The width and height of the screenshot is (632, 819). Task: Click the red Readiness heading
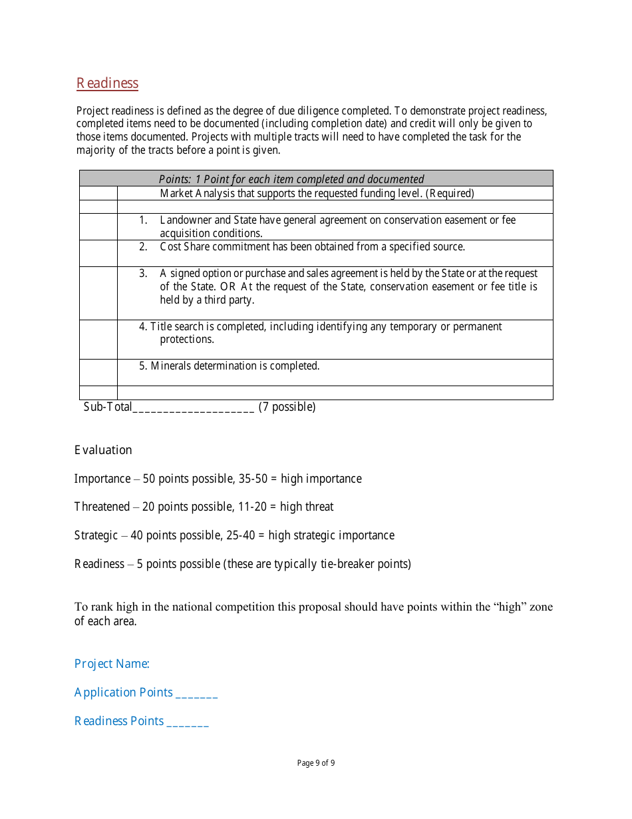107,83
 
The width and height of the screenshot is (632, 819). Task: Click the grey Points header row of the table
316,178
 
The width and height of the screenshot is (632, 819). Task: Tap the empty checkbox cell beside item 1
98,226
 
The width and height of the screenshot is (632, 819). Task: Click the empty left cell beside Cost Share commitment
98,253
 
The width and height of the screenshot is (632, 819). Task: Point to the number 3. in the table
143,273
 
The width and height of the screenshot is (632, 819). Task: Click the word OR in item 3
229,287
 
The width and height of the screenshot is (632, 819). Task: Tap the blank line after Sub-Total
193,408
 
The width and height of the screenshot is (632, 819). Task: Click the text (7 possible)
287,407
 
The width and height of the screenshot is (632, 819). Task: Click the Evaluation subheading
103,450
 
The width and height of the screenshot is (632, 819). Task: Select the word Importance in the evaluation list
102,479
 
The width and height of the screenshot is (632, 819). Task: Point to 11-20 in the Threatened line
251,507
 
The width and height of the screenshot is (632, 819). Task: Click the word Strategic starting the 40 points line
96,535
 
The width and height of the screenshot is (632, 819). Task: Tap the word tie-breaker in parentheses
345,564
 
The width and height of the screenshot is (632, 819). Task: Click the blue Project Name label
112,664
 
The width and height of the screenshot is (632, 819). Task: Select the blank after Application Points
196,693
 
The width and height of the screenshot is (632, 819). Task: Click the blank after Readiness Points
187,722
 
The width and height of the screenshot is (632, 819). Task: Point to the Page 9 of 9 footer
316,763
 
